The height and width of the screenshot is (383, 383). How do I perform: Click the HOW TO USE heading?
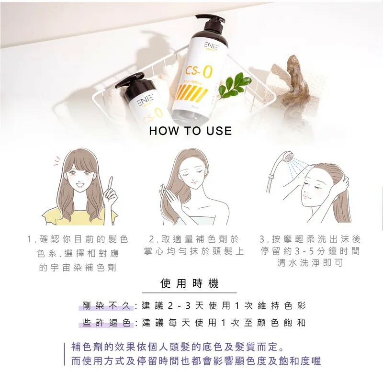click(191, 131)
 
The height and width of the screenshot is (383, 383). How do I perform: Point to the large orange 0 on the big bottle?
click(207, 72)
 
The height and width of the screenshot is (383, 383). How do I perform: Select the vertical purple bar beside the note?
click(64, 354)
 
